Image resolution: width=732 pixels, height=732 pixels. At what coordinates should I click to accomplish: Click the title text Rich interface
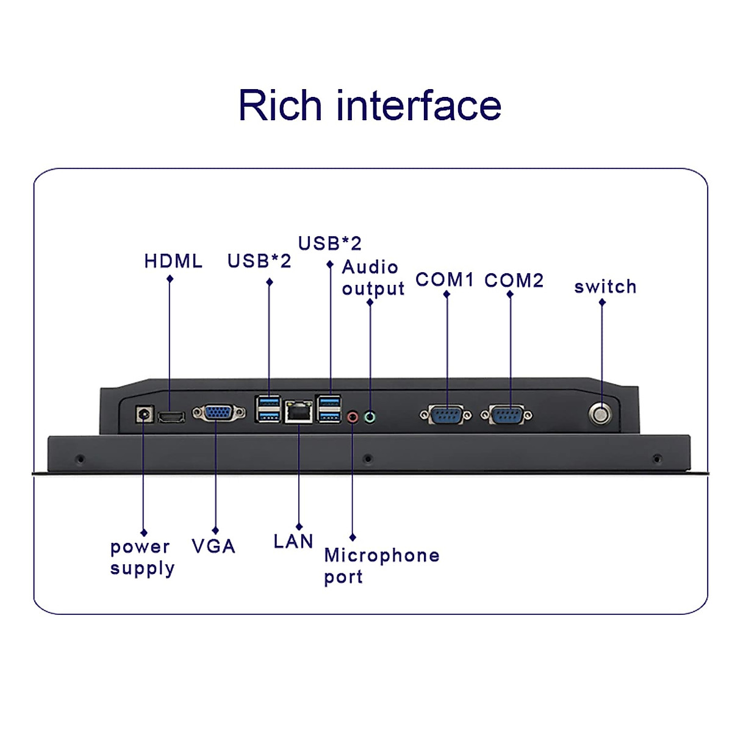[x=370, y=106]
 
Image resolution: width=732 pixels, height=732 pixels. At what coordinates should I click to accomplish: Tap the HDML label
[x=173, y=261]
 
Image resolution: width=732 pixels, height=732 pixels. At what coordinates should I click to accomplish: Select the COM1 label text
[x=445, y=280]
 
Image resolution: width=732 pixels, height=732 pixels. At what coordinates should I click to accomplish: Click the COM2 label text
[x=514, y=281]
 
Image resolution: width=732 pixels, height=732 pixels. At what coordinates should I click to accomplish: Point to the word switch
[x=605, y=287]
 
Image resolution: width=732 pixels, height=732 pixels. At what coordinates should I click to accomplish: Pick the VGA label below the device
[x=213, y=546]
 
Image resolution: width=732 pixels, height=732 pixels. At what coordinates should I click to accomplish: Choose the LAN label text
[x=293, y=541]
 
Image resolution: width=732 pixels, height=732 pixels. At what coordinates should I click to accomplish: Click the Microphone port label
[x=381, y=565]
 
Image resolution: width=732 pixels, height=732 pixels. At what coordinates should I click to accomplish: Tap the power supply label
[x=142, y=558]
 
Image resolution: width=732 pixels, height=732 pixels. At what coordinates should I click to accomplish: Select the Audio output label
[x=373, y=278]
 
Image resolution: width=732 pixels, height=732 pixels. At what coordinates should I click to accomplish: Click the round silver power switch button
[x=600, y=415]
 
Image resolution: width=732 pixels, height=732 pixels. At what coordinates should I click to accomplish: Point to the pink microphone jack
[x=353, y=417]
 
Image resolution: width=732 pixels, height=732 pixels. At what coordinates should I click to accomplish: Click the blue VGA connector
[x=218, y=414]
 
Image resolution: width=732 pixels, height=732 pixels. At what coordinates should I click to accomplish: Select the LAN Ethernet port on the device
[x=298, y=412]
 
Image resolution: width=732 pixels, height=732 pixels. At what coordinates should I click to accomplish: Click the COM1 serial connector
[x=446, y=415]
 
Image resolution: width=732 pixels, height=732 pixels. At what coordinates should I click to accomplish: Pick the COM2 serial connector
[x=506, y=415]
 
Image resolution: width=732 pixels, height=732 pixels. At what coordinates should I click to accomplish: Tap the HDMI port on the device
[x=171, y=417]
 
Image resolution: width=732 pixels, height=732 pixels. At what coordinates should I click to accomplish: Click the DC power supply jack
[x=144, y=414]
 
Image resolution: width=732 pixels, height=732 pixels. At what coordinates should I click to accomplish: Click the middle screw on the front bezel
[x=367, y=458]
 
